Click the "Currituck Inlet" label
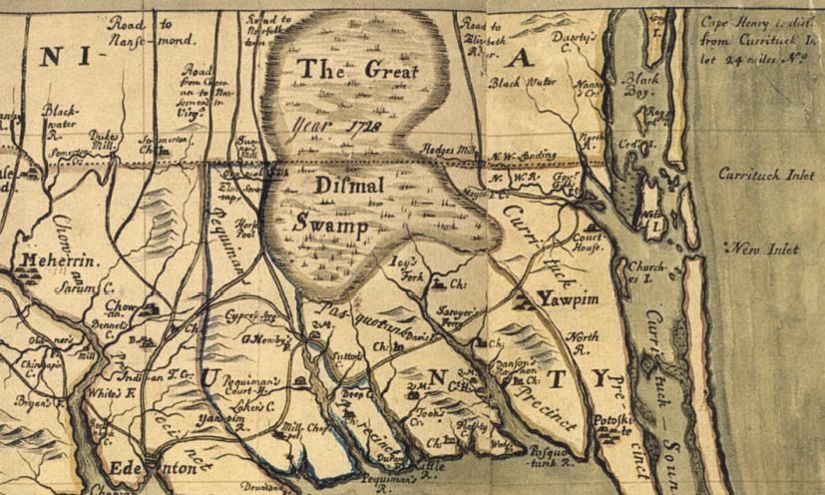pyautogui.click(x=765, y=174)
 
